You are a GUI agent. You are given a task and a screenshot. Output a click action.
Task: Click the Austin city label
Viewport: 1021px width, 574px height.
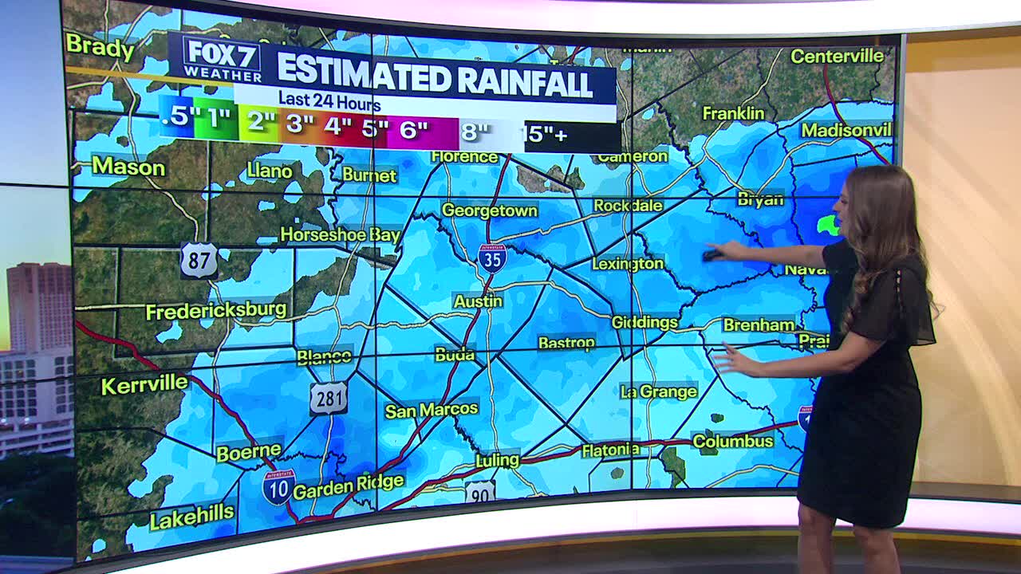click(478, 301)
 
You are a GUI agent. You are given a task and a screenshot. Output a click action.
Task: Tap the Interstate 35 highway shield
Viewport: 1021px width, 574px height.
click(492, 258)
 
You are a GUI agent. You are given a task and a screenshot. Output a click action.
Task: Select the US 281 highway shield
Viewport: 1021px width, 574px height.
click(329, 398)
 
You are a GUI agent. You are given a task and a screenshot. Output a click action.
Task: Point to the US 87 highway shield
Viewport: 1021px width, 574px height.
click(199, 260)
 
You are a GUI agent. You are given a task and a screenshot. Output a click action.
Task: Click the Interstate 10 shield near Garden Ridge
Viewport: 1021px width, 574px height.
click(278, 487)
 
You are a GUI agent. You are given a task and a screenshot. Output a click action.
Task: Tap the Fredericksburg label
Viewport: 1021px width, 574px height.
click(216, 310)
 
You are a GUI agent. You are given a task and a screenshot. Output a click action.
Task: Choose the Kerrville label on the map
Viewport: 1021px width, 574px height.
click(144, 384)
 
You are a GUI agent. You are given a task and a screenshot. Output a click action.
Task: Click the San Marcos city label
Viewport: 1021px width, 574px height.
click(432, 410)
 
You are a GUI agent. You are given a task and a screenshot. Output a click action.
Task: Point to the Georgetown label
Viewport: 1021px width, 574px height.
click(490, 210)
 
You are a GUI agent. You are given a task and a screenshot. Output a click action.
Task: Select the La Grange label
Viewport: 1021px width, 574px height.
click(659, 391)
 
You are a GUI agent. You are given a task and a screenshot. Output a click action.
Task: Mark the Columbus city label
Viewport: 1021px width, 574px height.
click(733, 441)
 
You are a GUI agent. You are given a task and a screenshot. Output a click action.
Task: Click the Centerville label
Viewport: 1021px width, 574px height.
click(837, 56)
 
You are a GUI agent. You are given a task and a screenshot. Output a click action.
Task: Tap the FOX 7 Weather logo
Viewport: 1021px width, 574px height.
click(222, 59)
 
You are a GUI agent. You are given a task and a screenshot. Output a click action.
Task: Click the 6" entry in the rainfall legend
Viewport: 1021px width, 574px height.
click(413, 130)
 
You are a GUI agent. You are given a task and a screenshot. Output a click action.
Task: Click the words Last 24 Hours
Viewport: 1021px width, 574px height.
click(329, 102)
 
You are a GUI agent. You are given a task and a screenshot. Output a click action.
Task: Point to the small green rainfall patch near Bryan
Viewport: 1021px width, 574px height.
click(829, 226)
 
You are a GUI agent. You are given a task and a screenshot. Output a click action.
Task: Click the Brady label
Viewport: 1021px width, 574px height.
click(101, 47)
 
